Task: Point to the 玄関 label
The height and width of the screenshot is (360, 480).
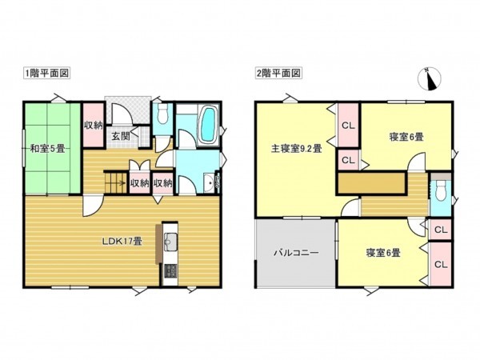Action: pyautogui.click(x=121, y=136)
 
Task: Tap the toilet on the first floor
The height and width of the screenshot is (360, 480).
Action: pyautogui.click(x=162, y=115)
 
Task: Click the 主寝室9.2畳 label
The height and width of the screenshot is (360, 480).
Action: pyautogui.click(x=296, y=148)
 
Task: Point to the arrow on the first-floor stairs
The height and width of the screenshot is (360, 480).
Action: pyautogui.click(x=122, y=183)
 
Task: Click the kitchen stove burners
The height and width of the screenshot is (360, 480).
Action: pyautogui.click(x=170, y=272)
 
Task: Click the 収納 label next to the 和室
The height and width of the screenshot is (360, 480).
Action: pyautogui.click(x=93, y=125)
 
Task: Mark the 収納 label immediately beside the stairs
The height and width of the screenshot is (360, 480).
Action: pyautogui.click(x=140, y=183)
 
